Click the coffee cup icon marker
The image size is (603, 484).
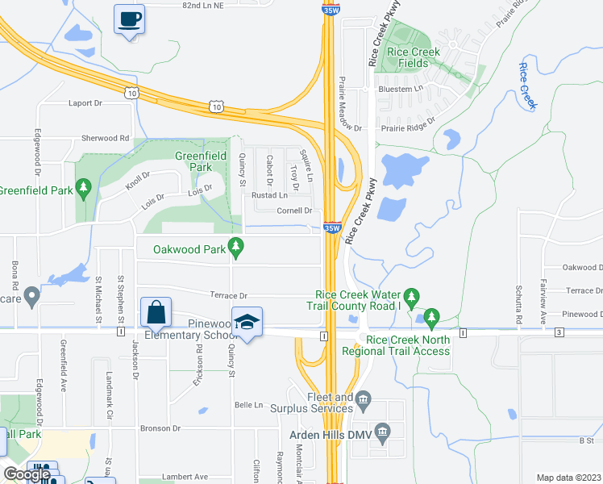point(129,19)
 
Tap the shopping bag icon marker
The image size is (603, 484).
point(156,314)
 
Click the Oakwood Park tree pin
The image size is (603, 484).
point(236,249)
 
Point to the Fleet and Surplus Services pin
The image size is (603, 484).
point(364,397)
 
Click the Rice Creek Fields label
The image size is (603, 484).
point(414,57)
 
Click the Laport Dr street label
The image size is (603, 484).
point(86,103)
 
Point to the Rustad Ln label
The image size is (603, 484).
point(269,195)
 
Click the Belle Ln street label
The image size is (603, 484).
point(248,404)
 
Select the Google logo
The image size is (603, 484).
point(26,474)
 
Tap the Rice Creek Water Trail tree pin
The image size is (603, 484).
point(411,298)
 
